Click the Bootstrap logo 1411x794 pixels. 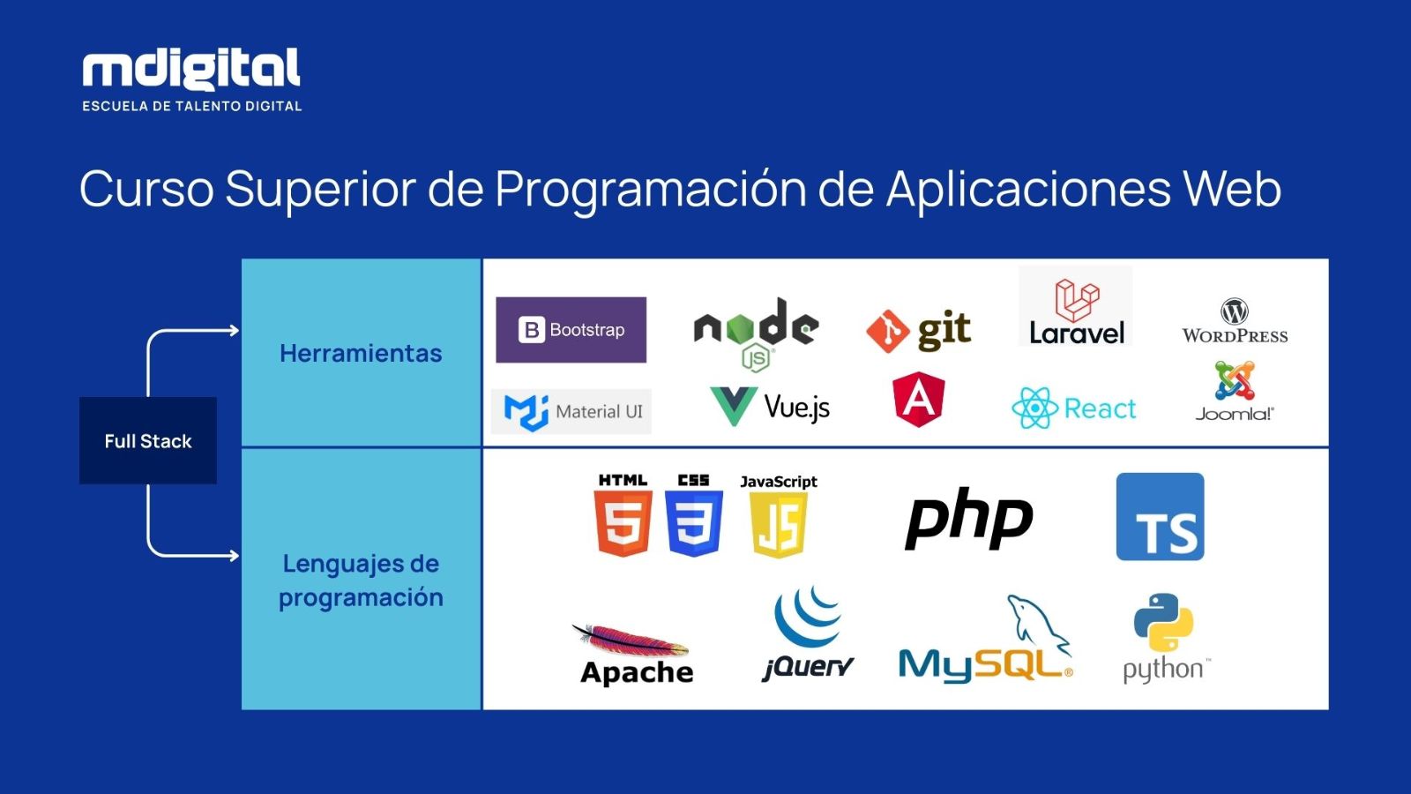point(571,330)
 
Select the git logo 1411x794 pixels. point(918,330)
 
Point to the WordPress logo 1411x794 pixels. point(1235,321)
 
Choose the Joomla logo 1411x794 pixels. point(1235,391)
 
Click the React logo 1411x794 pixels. point(1074,408)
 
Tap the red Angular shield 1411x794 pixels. point(919,400)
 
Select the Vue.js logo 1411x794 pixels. point(770,407)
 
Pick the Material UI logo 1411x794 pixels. point(571,411)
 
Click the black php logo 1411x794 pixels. point(969,518)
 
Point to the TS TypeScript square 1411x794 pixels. point(1160,517)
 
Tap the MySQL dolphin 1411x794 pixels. point(1038,627)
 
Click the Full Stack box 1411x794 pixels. point(148,440)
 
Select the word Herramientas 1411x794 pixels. point(361,354)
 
